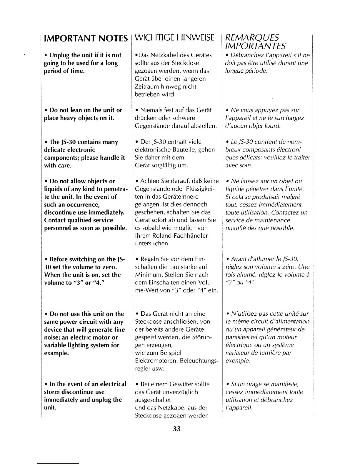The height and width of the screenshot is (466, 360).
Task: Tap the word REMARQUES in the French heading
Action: click(251, 38)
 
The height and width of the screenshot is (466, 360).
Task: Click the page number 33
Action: click(177, 429)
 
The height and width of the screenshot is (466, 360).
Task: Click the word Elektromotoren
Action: click(156, 361)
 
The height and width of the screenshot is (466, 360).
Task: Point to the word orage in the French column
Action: click(250, 384)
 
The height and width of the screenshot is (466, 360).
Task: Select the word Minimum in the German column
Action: click(147, 275)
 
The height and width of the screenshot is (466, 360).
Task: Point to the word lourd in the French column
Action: click(272, 126)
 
